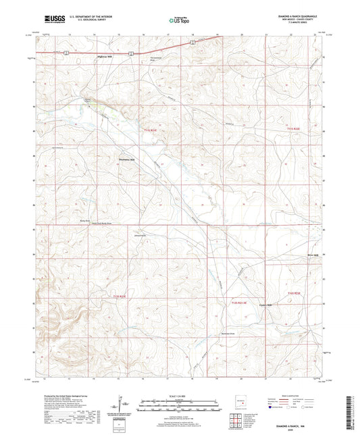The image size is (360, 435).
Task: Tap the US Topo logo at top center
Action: (x=178, y=21)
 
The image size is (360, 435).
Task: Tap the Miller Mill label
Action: (x=310, y=255)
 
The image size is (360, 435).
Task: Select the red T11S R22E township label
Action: (x=292, y=128)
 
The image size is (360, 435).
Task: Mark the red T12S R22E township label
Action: (x=292, y=292)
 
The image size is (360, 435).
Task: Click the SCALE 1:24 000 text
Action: (x=180, y=394)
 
